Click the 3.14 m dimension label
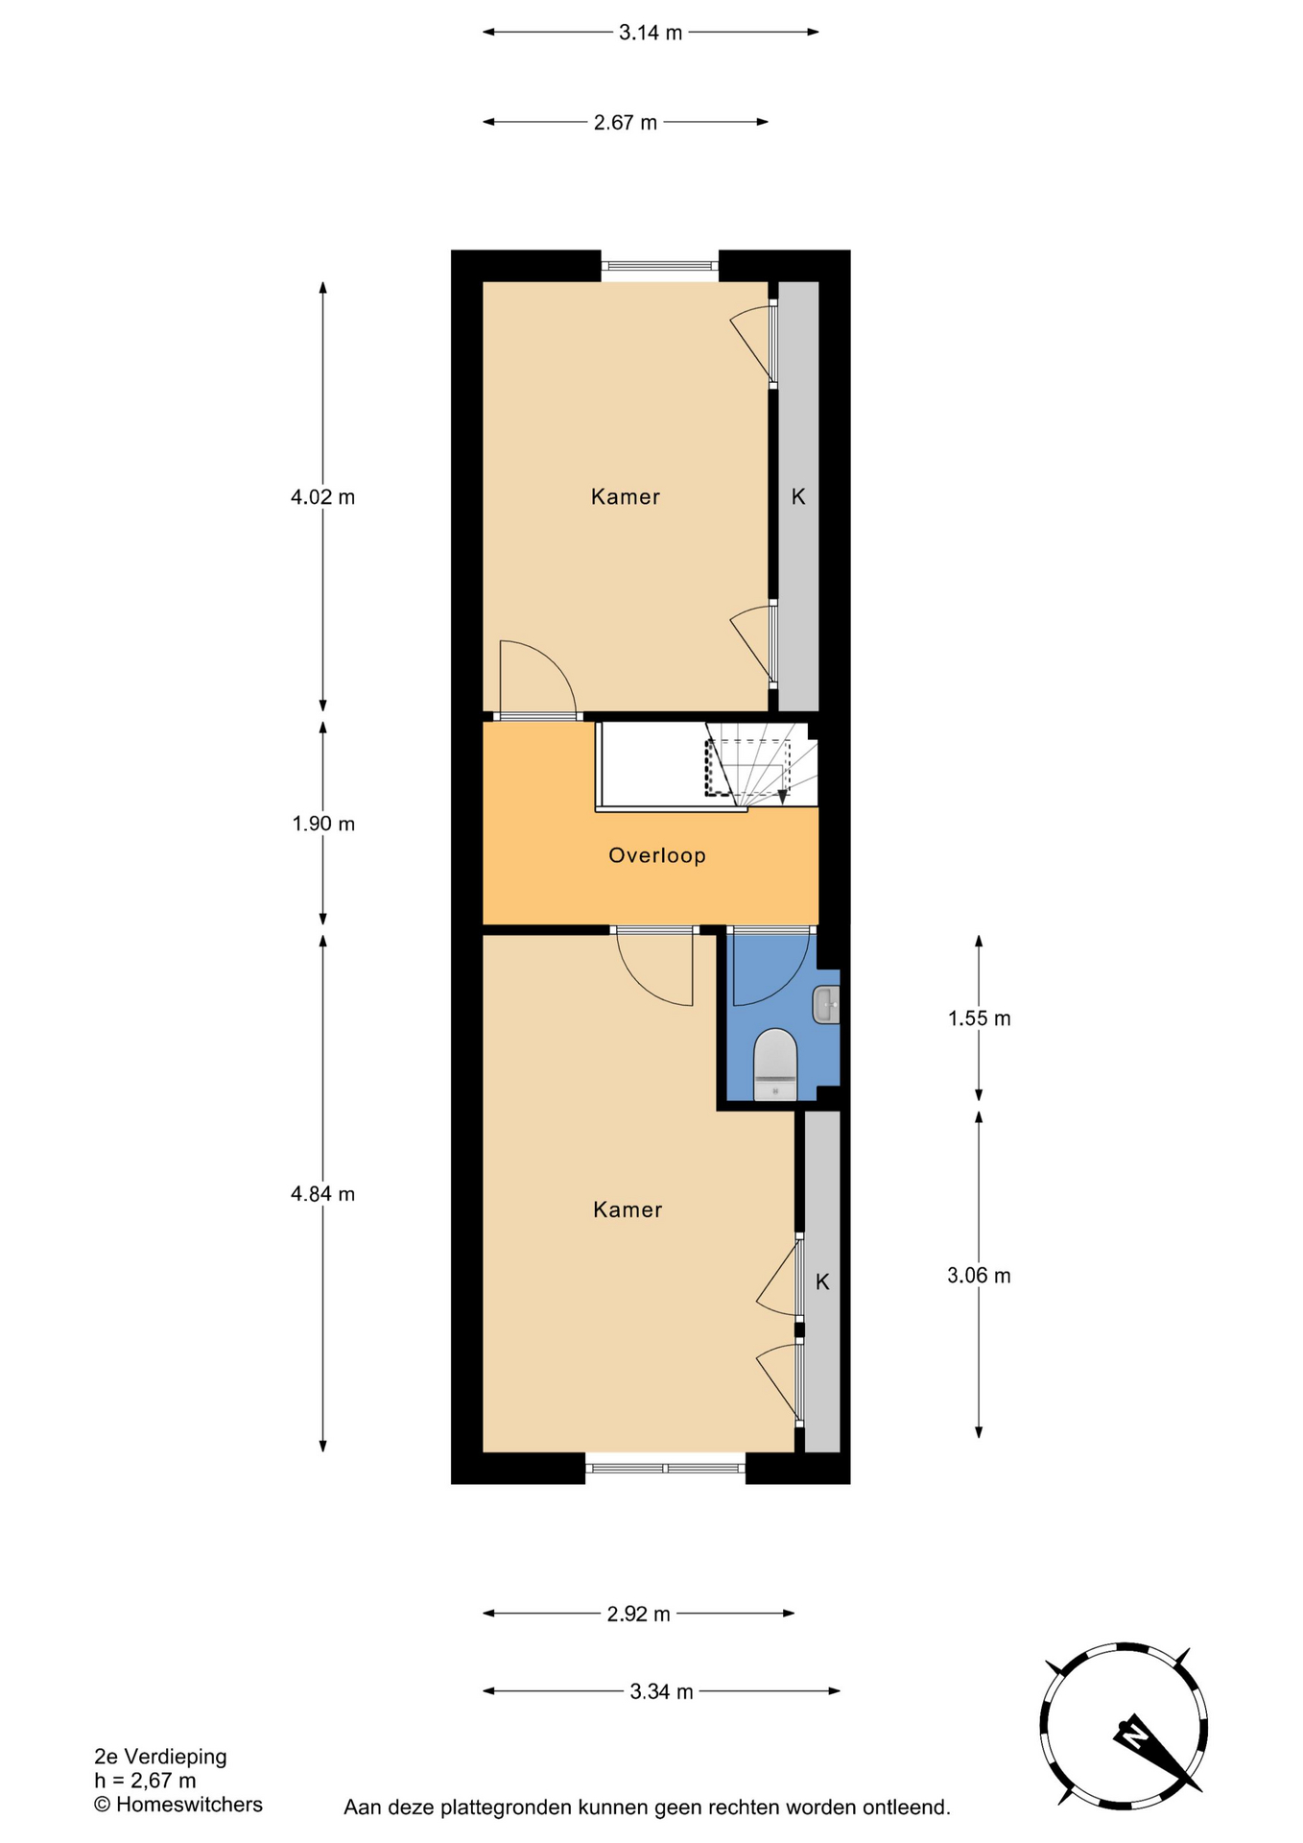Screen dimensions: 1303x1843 651,33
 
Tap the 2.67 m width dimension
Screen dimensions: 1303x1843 626,122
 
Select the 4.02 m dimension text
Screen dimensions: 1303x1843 322,497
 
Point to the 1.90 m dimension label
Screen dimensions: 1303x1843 323,824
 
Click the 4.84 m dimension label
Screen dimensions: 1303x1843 322,1194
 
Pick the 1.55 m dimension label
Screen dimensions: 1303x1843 980,1018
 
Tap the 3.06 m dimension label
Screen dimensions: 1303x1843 979,1276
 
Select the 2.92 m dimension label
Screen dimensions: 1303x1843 639,1614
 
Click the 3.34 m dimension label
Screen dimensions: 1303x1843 661,1691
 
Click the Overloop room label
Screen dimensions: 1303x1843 657,855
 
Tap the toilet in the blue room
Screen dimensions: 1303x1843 775,1065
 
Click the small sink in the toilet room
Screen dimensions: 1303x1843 826,1005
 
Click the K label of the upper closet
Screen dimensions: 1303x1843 798,497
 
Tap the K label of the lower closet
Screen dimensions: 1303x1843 822,1282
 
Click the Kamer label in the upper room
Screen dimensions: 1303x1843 626,497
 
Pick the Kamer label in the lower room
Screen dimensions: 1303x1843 628,1210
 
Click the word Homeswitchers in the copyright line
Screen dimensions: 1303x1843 189,1805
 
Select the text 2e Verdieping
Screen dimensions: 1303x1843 160,1757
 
